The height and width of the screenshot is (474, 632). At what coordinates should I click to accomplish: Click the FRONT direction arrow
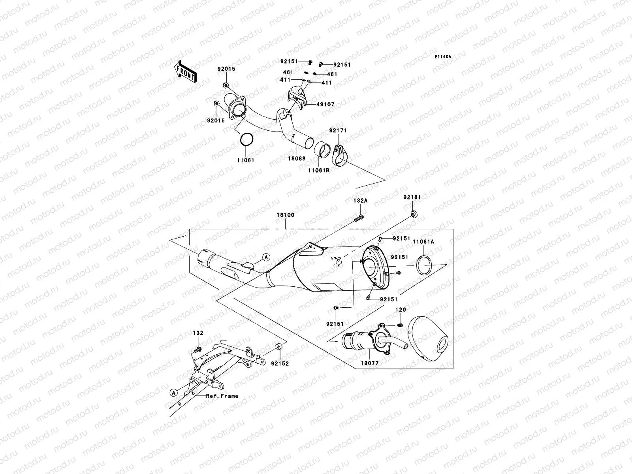(x=185, y=72)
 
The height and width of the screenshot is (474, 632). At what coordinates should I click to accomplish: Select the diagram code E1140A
(x=443, y=57)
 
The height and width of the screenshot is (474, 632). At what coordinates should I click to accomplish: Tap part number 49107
(x=325, y=104)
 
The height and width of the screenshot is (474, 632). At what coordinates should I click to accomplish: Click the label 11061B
(x=319, y=170)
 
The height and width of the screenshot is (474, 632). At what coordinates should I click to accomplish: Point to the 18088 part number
(x=297, y=158)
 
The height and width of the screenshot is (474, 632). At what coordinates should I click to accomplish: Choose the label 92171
(x=338, y=130)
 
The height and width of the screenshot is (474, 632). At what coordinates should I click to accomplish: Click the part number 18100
(x=285, y=215)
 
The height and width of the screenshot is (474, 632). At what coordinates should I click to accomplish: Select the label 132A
(x=361, y=201)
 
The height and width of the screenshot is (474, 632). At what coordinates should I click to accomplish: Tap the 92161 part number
(x=412, y=197)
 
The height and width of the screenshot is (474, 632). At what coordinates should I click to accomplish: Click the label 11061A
(x=423, y=242)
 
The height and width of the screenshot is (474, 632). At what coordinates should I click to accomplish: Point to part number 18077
(x=370, y=363)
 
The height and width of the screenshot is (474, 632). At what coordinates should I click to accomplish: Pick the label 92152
(x=280, y=363)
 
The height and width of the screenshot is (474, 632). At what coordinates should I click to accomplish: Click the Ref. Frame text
(x=222, y=396)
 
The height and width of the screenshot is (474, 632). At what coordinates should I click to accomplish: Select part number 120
(x=401, y=310)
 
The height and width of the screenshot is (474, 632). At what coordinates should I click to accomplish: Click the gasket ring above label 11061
(x=247, y=139)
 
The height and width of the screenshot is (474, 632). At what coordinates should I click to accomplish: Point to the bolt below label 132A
(x=359, y=218)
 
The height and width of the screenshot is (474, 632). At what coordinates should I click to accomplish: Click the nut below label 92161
(x=414, y=214)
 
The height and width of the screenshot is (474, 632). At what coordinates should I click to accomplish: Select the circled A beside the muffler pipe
(x=266, y=257)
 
